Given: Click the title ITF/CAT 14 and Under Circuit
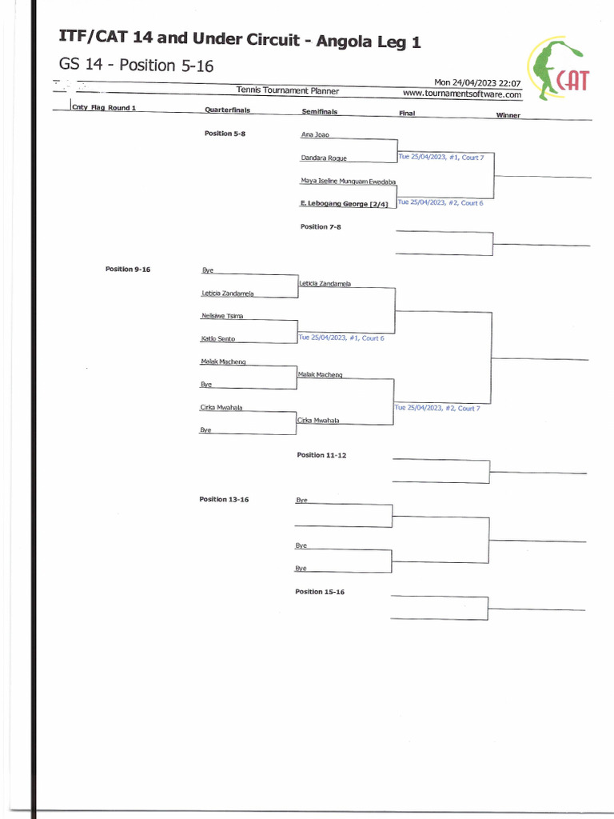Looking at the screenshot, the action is point(240,40).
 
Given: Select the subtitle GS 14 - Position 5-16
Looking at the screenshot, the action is point(136,66).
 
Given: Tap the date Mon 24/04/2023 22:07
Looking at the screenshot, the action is point(477,82).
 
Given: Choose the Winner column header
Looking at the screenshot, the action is point(508,115).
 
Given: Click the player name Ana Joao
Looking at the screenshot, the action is point(315,135).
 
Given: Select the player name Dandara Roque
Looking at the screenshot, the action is point(324,158).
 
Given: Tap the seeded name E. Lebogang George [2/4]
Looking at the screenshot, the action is point(344,204).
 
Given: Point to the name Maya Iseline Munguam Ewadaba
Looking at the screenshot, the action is point(349,182).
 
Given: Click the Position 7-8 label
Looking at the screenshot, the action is point(321,227).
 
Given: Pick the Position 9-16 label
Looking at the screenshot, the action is point(128,270).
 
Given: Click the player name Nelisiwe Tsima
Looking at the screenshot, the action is point(222,316).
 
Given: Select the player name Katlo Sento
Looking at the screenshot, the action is point(217,339).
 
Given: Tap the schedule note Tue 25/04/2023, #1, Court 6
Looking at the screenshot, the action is point(341,338).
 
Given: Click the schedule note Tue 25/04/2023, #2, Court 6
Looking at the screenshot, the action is point(441,203).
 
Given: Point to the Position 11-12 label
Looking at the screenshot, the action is point(321,455).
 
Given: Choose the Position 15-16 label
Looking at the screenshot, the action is point(320,592).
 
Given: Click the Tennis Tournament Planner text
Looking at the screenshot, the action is point(288,91).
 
